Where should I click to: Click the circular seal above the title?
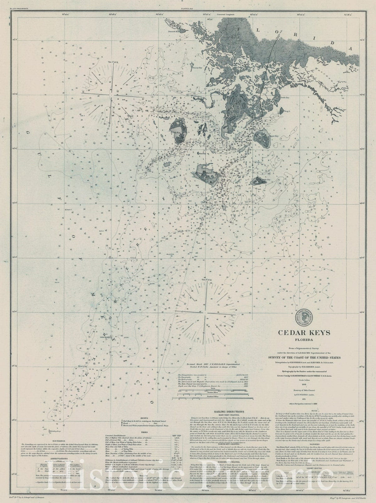(x=304, y=317)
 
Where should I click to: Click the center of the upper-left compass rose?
(x=110, y=94)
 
